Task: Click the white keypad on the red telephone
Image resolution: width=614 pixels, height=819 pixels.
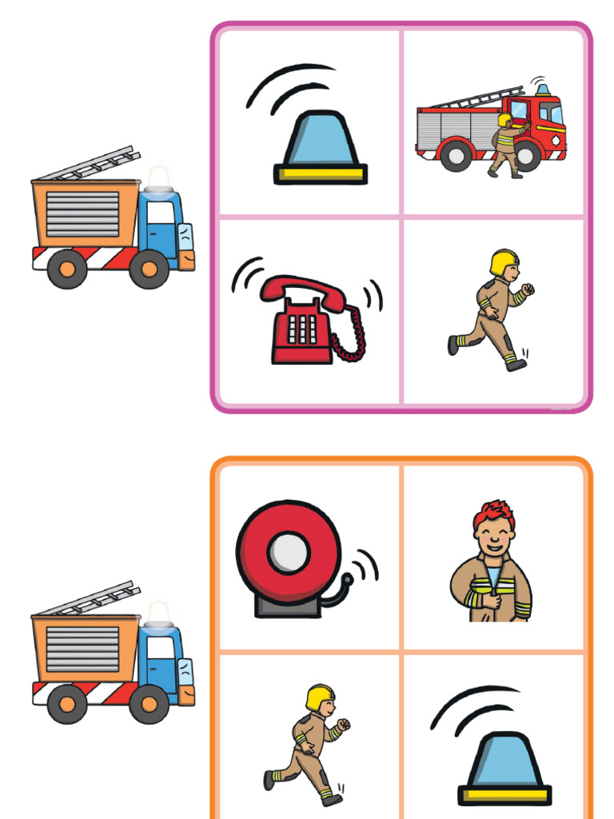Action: (302, 329)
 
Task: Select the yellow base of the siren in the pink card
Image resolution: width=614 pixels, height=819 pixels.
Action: (321, 173)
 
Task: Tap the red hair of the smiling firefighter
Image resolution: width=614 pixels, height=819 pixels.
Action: (493, 514)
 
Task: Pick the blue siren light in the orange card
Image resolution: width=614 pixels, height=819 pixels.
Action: (504, 760)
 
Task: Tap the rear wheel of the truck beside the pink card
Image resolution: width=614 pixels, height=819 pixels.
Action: (67, 269)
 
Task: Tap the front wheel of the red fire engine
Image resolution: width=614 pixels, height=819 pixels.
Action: (528, 154)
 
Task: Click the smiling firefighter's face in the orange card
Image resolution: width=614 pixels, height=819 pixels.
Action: (495, 540)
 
